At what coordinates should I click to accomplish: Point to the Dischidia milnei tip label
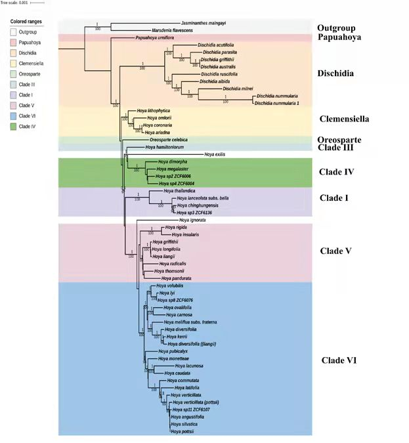point(238,88)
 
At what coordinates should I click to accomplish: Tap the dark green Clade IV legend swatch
point(14,125)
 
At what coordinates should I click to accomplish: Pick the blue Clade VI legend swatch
point(14,115)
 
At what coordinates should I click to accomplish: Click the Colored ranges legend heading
point(27,21)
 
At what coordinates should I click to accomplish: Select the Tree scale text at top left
point(14,3)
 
